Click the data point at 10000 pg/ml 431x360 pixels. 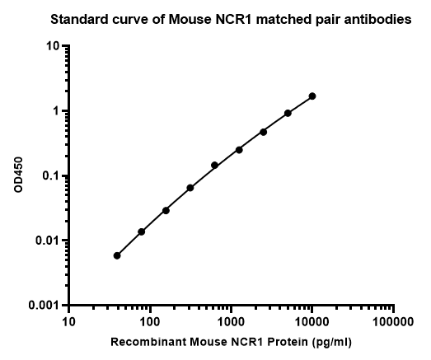click(x=312, y=96)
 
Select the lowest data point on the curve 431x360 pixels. click(x=117, y=255)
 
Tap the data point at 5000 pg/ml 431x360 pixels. click(x=288, y=113)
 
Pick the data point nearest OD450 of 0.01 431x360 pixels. click(x=141, y=231)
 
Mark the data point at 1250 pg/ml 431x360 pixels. click(x=239, y=150)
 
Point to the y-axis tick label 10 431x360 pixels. click(x=53, y=46)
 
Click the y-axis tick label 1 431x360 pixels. click(x=56, y=110)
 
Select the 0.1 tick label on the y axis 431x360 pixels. click(x=51, y=175)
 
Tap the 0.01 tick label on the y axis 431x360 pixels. click(x=47, y=241)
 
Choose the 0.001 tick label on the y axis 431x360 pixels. click(x=44, y=306)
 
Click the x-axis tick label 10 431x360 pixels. click(x=68, y=322)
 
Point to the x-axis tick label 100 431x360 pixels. click(x=150, y=322)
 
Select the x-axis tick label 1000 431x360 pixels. click(x=231, y=322)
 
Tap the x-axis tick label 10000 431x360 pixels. click(x=312, y=322)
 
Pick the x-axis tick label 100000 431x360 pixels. click(x=393, y=322)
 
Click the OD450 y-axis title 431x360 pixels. click(x=18, y=175)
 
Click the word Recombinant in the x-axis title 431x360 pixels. click(x=148, y=342)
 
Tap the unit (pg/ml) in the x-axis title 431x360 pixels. click(x=332, y=343)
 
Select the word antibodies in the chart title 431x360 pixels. click(x=381, y=20)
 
